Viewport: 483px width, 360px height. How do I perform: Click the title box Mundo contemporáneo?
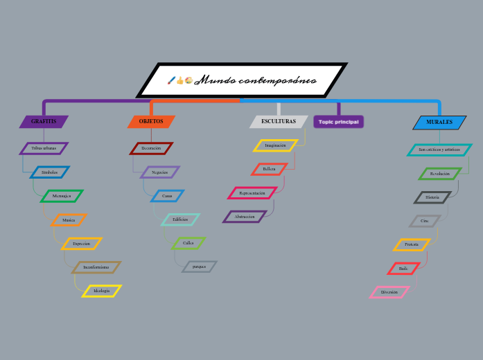click(242, 80)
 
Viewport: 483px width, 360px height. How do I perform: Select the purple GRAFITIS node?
click(44, 122)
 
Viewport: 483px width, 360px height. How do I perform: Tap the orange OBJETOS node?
click(151, 122)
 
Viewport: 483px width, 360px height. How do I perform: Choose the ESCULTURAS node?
click(279, 122)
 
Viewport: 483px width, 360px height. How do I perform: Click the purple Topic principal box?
click(338, 122)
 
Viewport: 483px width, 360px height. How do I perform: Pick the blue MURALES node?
click(439, 123)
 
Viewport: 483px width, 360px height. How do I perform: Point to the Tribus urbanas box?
click(44, 148)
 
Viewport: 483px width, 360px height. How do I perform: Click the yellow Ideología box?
click(102, 291)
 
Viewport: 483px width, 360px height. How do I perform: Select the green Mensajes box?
click(62, 196)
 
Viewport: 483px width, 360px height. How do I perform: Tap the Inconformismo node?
click(96, 267)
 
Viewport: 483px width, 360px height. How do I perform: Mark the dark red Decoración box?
click(151, 148)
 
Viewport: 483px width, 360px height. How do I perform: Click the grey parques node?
click(200, 267)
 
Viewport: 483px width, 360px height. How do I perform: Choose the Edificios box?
click(180, 219)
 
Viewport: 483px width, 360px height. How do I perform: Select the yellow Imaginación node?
click(275, 145)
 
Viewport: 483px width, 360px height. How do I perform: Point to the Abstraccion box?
click(245, 217)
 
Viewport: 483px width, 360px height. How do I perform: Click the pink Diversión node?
click(389, 292)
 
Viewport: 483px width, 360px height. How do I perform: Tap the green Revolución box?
click(439, 174)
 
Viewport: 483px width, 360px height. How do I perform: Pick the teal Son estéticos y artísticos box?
click(439, 150)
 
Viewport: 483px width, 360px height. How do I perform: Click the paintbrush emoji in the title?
click(171, 81)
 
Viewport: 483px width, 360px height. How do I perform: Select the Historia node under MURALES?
click(432, 197)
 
